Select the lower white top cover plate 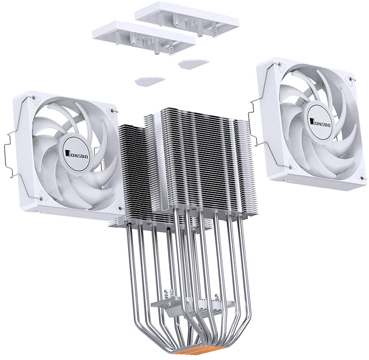pyautogui.click(x=144, y=37)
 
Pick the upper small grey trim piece pyautogui.click(x=193, y=63)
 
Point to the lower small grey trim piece pyautogui.click(x=150, y=81)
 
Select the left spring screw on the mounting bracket pyautogui.click(x=170, y=294)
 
